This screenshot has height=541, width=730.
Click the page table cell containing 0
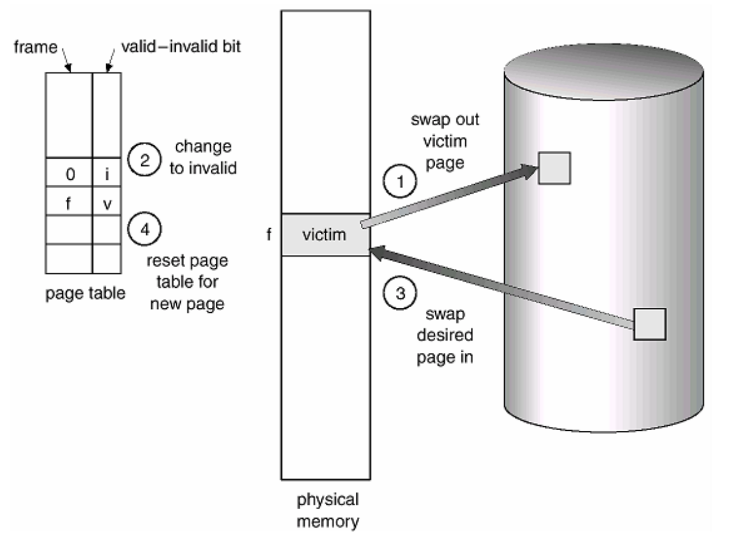click(x=69, y=173)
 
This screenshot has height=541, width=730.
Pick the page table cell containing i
click(x=106, y=173)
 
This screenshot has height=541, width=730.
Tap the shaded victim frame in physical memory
click(x=325, y=235)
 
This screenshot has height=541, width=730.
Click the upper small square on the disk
click(x=554, y=168)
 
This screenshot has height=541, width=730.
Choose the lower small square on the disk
click(x=649, y=324)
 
